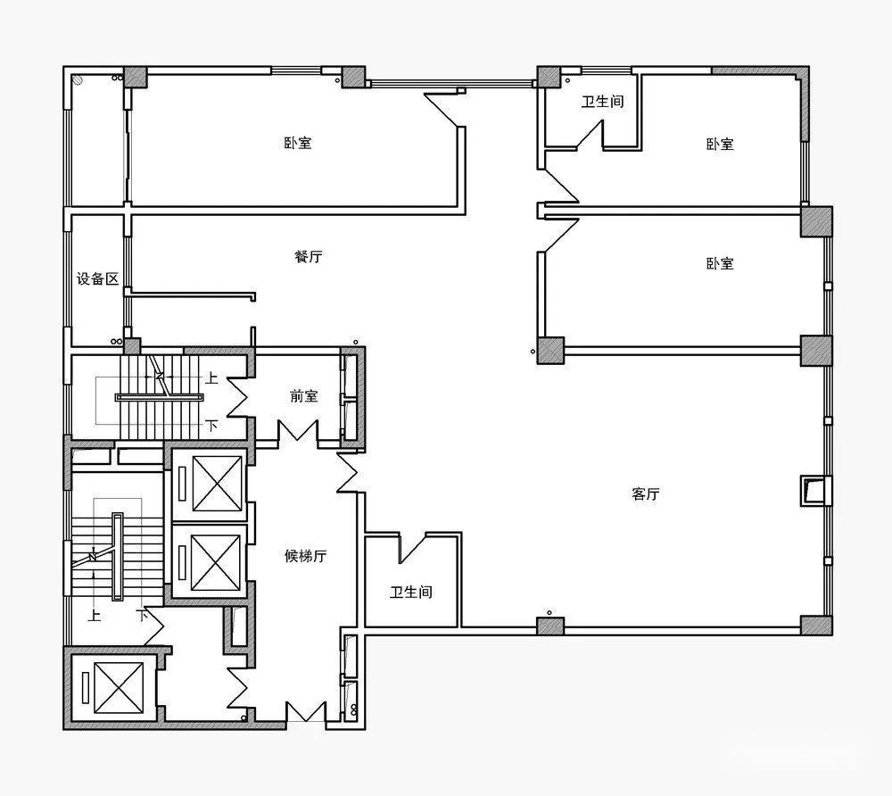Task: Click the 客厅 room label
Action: click(646, 493)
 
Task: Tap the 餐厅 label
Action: click(309, 256)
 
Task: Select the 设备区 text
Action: click(98, 278)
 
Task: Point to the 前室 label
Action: click(304, 395)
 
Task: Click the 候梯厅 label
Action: click(305, 555)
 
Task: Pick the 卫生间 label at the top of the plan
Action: click(602, 101)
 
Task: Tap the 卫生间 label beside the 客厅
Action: click(410, 592)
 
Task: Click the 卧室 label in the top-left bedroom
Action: click(298, 142)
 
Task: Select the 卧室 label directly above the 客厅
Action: click(720, 263)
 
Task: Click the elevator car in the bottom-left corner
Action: click(119, 688)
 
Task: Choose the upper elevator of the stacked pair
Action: click(217, 484)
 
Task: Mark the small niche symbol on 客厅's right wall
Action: click(812, 490)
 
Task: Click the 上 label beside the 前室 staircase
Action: click(211, 377)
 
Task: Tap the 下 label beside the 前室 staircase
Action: click(211, 425)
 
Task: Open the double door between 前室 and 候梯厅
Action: click(298, 431)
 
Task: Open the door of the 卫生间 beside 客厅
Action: click(413, 547)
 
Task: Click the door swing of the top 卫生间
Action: click(590, 135)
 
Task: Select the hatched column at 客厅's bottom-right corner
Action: click(816, 626)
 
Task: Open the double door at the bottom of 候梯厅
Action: click(305, 712)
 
